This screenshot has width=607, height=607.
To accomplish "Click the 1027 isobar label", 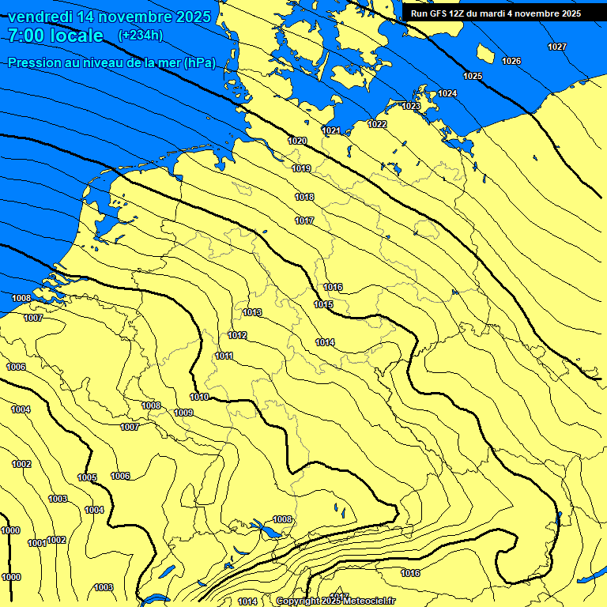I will [557, 47].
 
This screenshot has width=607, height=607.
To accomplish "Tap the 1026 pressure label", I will [511, 61].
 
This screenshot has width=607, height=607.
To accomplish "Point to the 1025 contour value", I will [473, 76].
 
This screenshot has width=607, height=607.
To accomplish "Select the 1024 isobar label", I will [447, 93].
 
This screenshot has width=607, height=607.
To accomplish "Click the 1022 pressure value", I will [377, 124].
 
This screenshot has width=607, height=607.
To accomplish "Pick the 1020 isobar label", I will [297, 141].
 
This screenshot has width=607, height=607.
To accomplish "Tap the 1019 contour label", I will [301, 168].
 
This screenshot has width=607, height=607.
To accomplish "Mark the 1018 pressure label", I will [304, 197].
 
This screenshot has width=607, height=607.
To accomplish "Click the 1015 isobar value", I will [323, 304].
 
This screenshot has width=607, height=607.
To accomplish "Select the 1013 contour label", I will [252, 312].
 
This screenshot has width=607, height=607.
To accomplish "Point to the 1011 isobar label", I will [224, 356].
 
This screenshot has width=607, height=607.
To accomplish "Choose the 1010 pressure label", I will [199, 397].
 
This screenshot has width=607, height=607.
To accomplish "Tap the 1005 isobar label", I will [87, 477].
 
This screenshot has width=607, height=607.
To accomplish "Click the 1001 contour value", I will [36, 543].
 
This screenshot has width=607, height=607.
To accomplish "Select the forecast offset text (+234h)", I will [141, 35].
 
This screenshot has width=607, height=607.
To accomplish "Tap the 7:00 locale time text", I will [56, 36].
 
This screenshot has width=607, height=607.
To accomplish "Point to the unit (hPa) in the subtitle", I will [199, 63].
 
